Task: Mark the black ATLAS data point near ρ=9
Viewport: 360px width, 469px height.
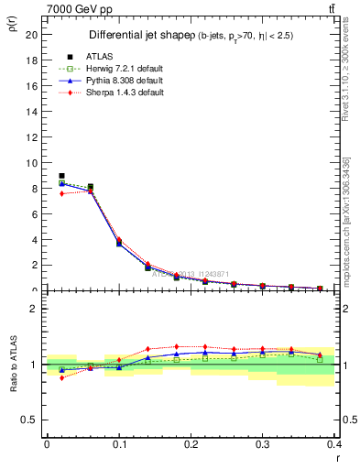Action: click(61, 175)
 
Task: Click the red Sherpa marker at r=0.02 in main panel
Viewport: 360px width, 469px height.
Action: click(61, 193)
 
